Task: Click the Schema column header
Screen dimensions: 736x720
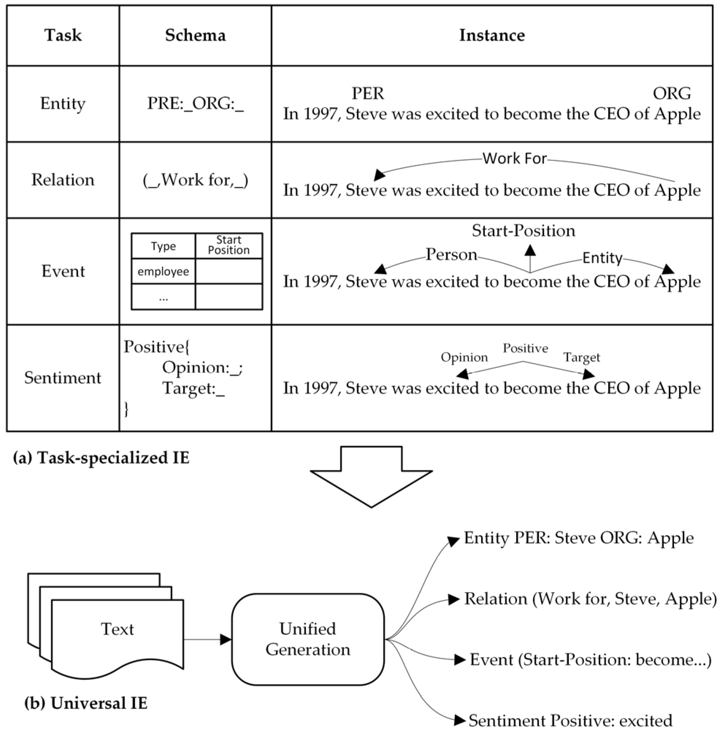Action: pyautogui.click(x=195, y=35)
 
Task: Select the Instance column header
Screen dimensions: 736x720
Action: pyautogui.click(x=491, y=35)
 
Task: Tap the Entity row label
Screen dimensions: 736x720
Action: pyautogui.click(x=63, y=103)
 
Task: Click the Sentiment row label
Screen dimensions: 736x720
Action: pyautogui.click(x=63, y=377)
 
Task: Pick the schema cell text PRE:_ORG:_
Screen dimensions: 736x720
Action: pyautogui.click(x=195, y=103)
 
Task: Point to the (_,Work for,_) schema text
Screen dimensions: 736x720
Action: pyautogui.click(x=195, y=180)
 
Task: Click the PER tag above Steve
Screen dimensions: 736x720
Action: pyautogui.click(x=368, y=93)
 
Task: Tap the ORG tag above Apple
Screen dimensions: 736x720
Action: pyautogui.click(x=671, y=93)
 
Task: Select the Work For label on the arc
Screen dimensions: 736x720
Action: pyautogui.click(x=514, y=158)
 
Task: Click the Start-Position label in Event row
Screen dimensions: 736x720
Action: pyautogui.click(x=523, y=231)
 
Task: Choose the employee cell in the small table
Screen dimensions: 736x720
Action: pyautogui.click(x=163, y=271)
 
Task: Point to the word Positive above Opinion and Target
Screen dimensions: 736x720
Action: pyautogui.click(x=525, y=348)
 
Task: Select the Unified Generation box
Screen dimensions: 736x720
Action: pyautogui.click(x=308, y=639)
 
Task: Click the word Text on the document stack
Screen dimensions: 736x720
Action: pyautogui.click(x=117, y=629)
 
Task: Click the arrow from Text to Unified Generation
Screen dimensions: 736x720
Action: pyautogui.click(x=207, y=639)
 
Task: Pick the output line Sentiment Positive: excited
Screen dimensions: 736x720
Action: pyautogui.click(x=570, y=720)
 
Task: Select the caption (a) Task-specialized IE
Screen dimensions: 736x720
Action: pyautogui.click(x=101, y=458)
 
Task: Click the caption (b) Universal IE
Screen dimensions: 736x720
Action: pyautogui.click(x=86, y=703)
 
